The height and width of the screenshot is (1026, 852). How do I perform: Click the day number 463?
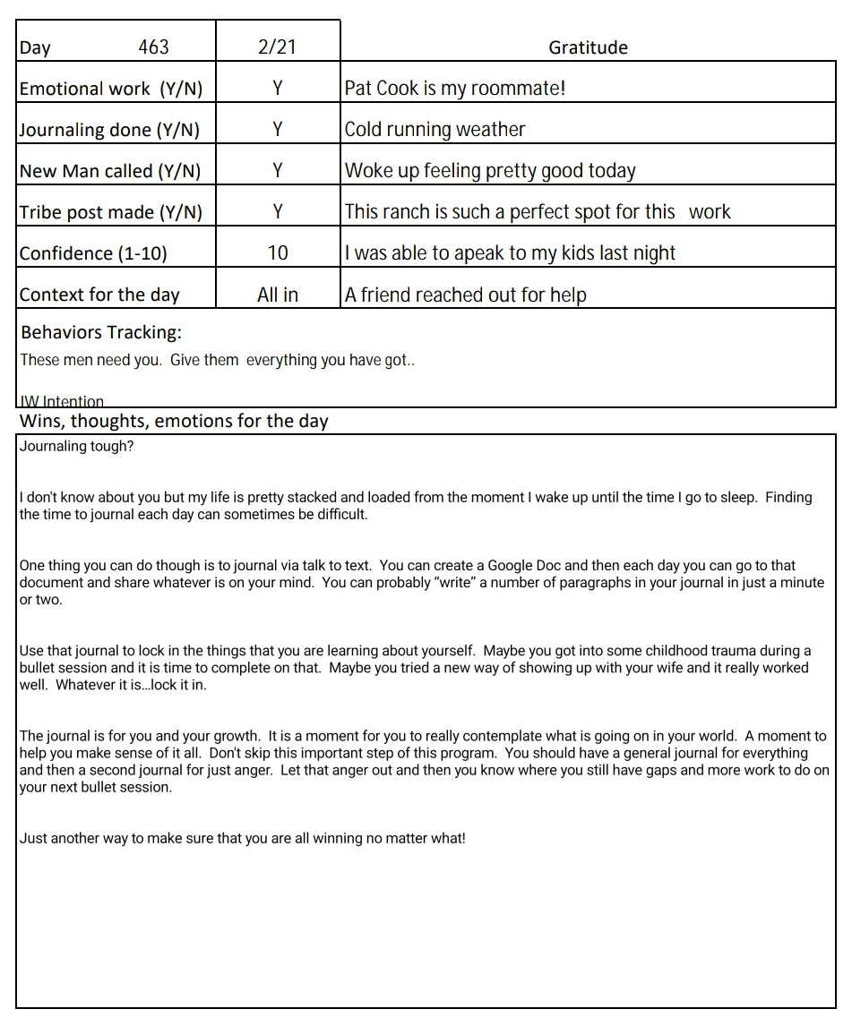tap(153, 47)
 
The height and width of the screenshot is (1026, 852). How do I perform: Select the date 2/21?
tap(277, 47)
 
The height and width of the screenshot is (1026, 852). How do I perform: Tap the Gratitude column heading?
tap(588, 48)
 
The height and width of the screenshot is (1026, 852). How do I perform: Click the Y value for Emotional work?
tap(278, 89)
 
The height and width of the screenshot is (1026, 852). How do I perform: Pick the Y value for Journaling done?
tap(278, 130)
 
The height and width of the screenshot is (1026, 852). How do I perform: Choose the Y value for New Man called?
tap(278, 171)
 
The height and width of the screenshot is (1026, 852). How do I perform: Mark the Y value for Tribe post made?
tap(278, 212)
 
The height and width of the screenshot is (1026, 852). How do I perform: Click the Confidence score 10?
tap(278, 253)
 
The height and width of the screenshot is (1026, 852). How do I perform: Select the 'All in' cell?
tap(278, 295)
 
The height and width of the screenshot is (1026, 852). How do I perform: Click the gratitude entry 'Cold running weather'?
tap(435, 130)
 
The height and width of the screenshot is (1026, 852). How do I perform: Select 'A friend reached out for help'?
tap(465, 295)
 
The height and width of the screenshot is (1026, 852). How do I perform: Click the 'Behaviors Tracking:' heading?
tap(101, 333)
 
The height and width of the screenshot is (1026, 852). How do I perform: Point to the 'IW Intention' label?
tap(62, 402)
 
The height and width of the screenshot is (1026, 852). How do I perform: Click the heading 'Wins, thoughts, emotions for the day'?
tap(174, 421)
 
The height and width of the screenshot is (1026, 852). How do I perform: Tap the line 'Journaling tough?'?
tap(76, 447)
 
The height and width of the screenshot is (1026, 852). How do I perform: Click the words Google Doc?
tap(524, 566)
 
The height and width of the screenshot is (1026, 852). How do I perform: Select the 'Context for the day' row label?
tap(99, 295)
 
